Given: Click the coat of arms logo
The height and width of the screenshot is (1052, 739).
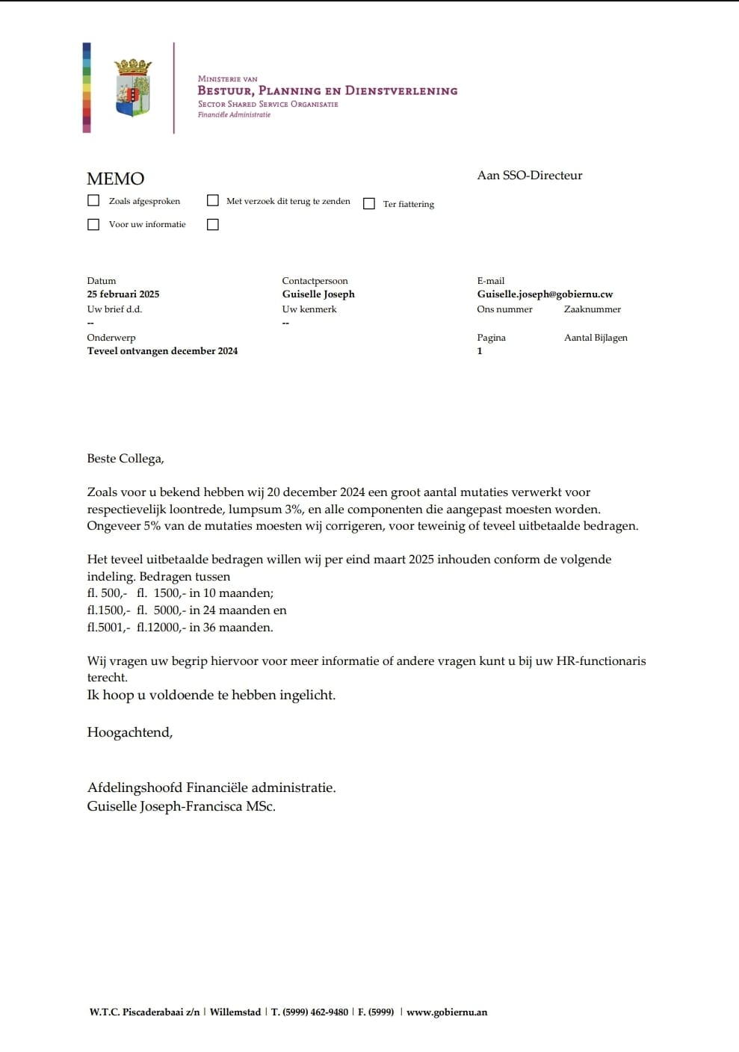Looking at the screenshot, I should point(133,88).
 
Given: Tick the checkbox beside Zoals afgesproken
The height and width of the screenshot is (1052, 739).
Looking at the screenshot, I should point(93,200).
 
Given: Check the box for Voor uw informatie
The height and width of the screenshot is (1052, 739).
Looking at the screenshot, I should point(93,224).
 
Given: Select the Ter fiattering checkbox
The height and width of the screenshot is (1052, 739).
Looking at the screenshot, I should point(369,204).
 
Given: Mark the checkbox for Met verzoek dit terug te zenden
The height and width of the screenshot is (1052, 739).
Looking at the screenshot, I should point(213,200).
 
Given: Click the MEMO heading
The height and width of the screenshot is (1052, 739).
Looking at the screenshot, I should point(116,179).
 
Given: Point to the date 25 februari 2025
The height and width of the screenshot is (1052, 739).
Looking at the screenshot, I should point(123,294).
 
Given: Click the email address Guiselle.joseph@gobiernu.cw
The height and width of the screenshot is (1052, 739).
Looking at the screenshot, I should point(545,294).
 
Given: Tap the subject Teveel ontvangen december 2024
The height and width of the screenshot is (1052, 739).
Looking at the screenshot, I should point(162,351).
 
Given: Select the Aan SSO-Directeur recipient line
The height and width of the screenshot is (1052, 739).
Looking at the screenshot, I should point(530,176).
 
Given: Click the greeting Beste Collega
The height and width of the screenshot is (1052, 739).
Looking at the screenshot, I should point(126,459).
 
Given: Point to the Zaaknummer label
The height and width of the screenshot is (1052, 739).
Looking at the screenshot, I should point(593,309).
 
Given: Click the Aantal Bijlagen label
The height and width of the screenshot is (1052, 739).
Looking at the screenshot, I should point(596,338).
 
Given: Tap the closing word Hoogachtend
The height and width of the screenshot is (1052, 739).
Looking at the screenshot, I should point(130,732).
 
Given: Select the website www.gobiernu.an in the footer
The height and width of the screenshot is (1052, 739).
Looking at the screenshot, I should point(447,1012).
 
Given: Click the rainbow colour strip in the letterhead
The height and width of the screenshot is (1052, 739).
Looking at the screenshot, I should point(87,88).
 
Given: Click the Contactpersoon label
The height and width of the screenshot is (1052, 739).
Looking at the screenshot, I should point(315,281).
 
